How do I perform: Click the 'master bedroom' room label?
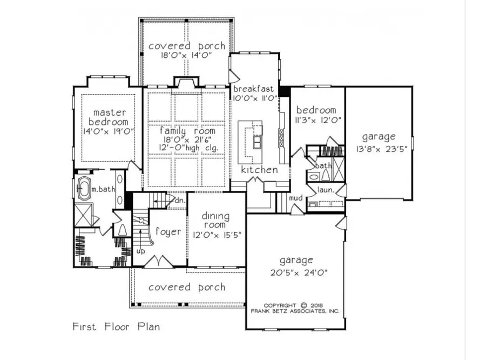click(110, 117)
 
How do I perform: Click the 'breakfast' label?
click(253, 89)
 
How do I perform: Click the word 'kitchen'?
click(259, 170)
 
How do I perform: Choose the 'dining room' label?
click(215, 221)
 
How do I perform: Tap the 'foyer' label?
click(168, 232)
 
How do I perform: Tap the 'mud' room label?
click(296, 198)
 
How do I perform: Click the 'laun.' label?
click(325, 190)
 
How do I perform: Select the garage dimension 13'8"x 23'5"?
click(379, 149)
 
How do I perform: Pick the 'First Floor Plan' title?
click(116, 326)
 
